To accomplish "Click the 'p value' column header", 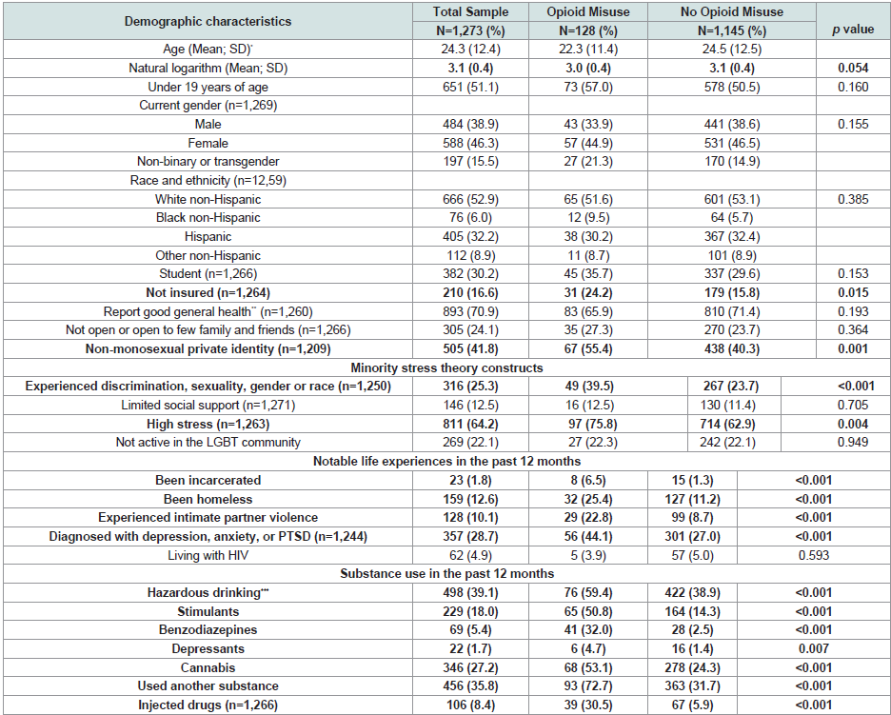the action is coord(853,30).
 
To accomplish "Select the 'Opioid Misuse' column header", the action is coord(588,12).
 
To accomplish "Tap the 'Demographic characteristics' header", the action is coord(208,21).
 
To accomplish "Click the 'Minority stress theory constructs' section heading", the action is coord(446,367).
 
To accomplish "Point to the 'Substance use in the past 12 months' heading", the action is coord(446,573).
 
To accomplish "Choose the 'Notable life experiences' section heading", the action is coord(446,461).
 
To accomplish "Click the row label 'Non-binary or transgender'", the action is coord(208,162).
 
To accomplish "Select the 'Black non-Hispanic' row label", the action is coord(208,218).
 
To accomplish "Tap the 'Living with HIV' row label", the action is coord(208,555).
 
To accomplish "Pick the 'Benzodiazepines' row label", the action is coord(208,629).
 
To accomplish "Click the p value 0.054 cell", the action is coord(853,69).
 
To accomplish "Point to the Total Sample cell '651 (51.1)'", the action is coord(470,87).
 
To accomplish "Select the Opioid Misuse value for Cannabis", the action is coord(588,667).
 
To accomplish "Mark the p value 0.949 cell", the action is coord(853,442).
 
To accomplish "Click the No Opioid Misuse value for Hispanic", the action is coord(732,236).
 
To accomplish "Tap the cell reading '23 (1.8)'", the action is coord(470,480).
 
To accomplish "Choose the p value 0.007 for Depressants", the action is coord(814,648).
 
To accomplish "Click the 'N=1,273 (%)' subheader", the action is coord(470,30).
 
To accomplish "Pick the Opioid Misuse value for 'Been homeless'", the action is coord(588,499).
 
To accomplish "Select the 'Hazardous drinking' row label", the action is coord(208,592).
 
